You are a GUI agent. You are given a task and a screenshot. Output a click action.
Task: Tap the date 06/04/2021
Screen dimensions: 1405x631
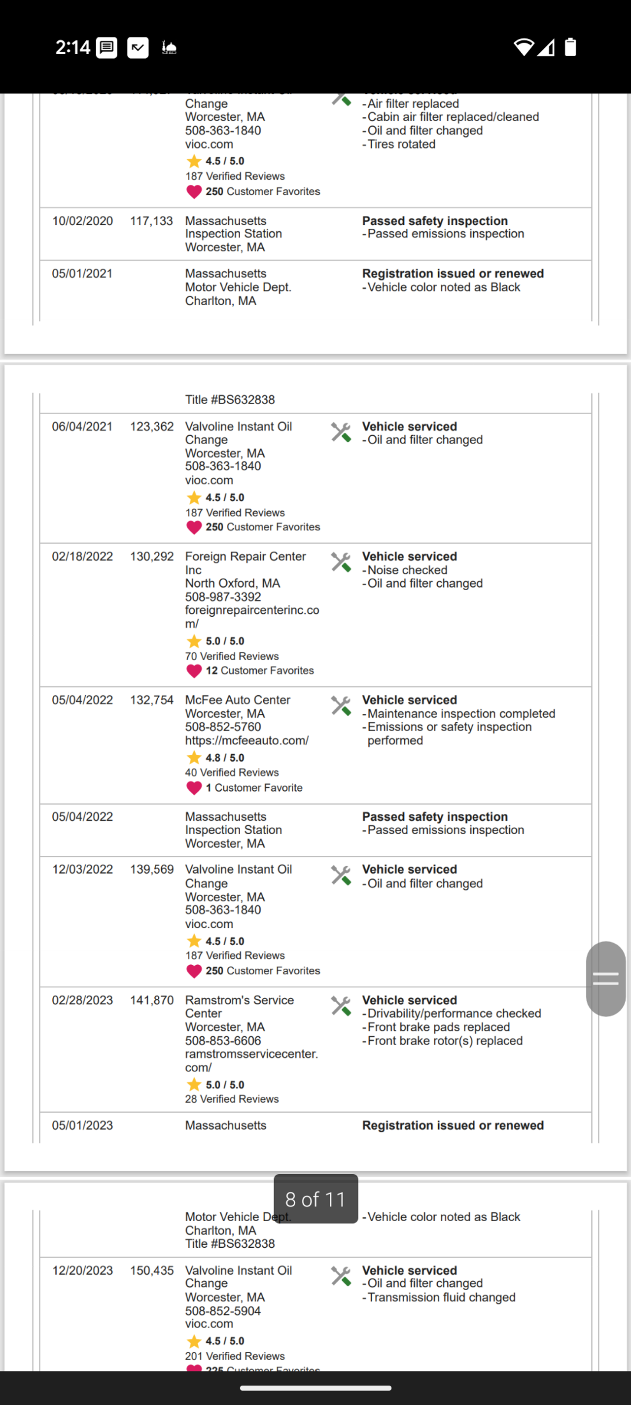click(x=82, y=426)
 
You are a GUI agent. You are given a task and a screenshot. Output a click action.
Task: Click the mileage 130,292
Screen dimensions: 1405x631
click(x=152, y=556)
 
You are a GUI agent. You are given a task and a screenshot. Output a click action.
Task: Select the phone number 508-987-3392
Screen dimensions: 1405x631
click(x=222, y=597)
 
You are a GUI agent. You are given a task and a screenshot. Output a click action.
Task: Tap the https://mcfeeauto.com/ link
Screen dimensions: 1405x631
click(x=246, y=740)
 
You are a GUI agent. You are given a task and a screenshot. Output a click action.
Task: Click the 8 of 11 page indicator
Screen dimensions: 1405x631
click(x=316, y=1199)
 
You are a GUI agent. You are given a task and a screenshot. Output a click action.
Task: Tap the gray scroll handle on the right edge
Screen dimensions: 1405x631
click(x=605, y=979)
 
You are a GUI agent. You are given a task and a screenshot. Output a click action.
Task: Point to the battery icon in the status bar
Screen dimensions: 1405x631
click(x=570, y=47)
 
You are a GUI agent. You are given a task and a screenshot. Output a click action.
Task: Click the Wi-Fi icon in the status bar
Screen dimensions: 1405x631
click(x=524, y=47)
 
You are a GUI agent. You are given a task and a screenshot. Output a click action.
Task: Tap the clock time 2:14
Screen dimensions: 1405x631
click(x=72, y=48)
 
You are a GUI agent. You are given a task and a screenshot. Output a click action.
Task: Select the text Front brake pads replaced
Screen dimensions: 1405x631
click(x=438, y=1027)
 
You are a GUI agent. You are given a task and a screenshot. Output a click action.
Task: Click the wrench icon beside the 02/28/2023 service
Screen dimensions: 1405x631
click(x=341, y=1006)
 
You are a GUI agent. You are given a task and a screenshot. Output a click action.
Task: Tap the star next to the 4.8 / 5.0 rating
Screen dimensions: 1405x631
click(x=194, y=758)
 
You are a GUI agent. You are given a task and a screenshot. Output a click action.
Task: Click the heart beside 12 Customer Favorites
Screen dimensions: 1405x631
click(x=194, y=671)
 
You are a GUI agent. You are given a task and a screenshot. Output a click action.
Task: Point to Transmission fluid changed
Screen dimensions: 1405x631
click(x=441, y=1297)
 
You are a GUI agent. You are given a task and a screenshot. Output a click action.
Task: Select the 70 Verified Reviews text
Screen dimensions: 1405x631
click(x=232, y=656)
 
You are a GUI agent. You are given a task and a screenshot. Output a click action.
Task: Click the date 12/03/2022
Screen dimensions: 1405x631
click(x=82, y=870)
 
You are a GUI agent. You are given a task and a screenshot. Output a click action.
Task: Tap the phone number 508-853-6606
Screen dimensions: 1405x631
click(x=222, y=1041)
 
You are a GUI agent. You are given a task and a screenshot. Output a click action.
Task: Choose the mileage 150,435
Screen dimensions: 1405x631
click(x=152, y=1270)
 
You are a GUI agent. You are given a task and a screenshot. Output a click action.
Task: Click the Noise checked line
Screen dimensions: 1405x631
click(x=407, y=570)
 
